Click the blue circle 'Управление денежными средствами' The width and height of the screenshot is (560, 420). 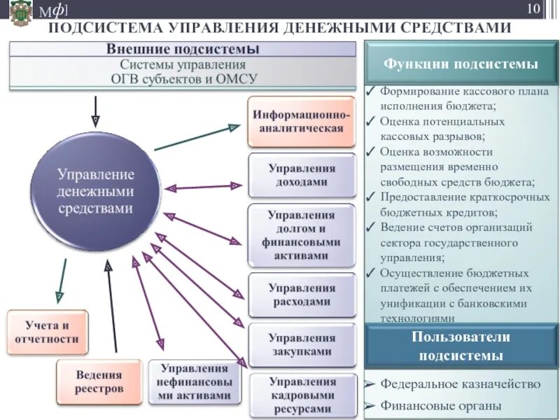pos(95,190)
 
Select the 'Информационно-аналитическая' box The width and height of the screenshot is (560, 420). pos(302,122)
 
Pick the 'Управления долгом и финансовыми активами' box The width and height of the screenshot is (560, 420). pos(302,235)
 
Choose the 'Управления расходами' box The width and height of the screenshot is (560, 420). pos(302,295)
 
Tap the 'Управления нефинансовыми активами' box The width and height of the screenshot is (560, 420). pos(195,381)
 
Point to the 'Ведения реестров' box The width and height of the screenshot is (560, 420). pos(99,381)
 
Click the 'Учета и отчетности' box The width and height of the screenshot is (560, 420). pos(48,332)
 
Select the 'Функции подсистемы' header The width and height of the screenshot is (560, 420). pos(460,64)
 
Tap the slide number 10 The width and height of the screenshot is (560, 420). pos(533,9)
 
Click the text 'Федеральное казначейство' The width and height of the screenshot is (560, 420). pos(461,384)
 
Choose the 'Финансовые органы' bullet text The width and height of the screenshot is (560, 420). pos(441,405)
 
